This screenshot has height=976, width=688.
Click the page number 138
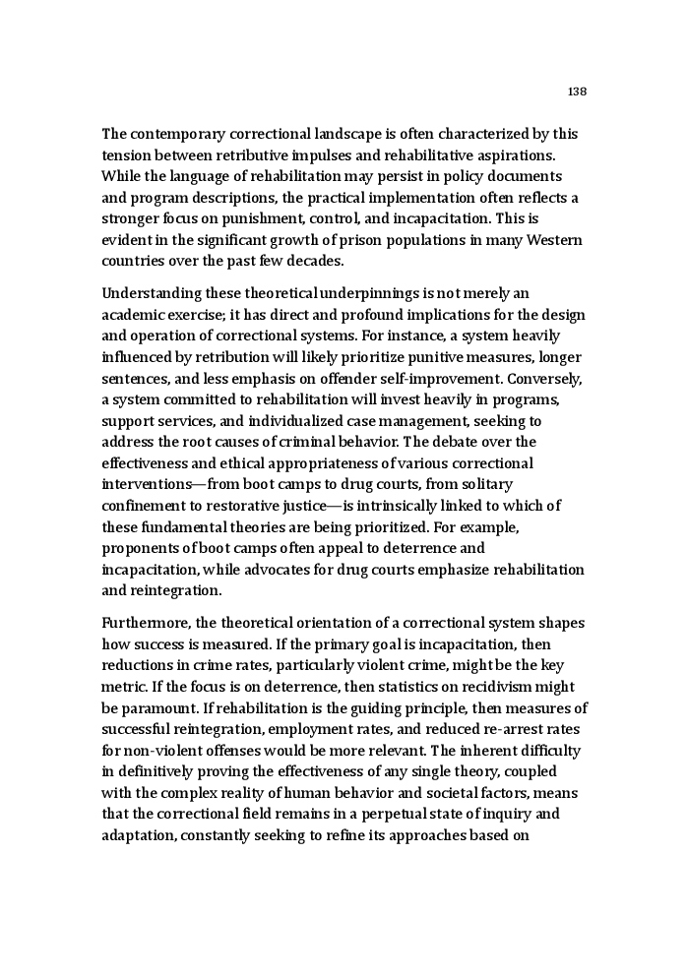[577, 91]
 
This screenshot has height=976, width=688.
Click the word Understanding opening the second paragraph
[152, 293]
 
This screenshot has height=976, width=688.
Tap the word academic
[133, 315]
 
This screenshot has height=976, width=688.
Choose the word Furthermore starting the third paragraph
[148, 623]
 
